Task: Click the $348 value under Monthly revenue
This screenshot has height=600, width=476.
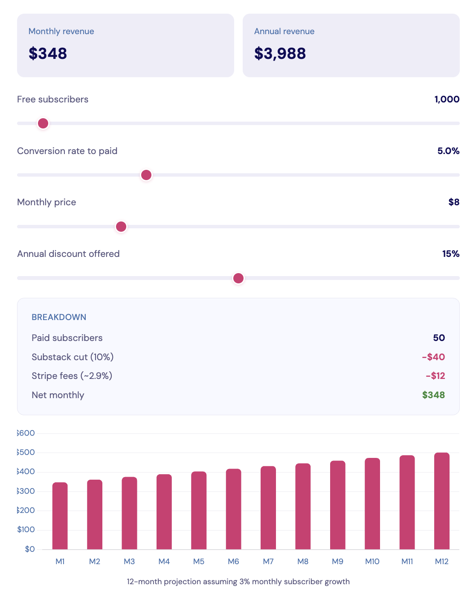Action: pyautogui.click(x=48, y=54)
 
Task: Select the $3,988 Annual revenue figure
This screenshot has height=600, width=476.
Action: pyautogui.click(x=280, y=54)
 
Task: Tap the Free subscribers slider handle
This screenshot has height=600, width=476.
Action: pyautogui.click(x=43, y=123)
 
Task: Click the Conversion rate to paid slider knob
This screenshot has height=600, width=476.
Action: pyautogui.click(x=146, y=175)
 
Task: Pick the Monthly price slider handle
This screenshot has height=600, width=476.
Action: pyautogui.click(x=121, y=227)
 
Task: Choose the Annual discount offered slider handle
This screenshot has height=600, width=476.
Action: pyautogui.click(x=238, y=278)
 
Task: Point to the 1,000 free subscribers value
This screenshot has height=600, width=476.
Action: pyautogui.click(x=447, y=99)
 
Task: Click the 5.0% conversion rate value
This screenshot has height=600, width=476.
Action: pyautogui.click(x=448, y=151)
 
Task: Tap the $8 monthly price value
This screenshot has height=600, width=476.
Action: pyautogui.click(x=454, y=202)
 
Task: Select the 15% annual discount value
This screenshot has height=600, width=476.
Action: pyautogui.click(x=450, y=254)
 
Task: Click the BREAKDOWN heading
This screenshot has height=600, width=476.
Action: pyautogui.click(x=59, y=317)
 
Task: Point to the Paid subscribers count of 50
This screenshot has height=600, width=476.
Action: pyautogui.click(x=439, y=338)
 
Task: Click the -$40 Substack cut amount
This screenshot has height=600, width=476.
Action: pyautogui.click(x=433, y=357)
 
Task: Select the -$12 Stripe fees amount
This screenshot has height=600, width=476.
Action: pyautogui.click(x=435, y=376)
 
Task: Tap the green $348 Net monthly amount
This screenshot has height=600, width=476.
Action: pyautogui.click(x=433, y=395)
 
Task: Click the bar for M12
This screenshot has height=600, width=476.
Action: pyautogui.click(x=442, y=501)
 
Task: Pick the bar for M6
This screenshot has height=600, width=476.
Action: pyautogui.click(x=234, y=509)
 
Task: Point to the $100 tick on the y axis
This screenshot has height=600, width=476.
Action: pyautogui.click(x=26, y=530)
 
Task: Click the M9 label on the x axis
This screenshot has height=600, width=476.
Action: pyautogui.click(x=337, y=562)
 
